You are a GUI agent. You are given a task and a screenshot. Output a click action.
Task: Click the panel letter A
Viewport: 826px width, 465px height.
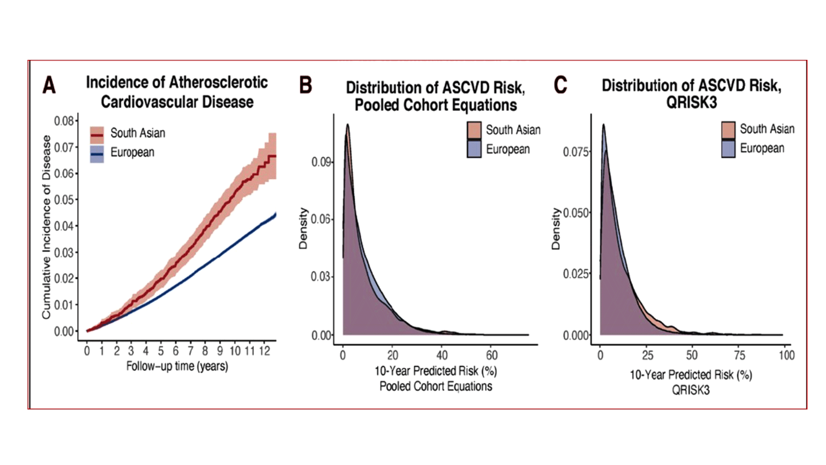[49, 85]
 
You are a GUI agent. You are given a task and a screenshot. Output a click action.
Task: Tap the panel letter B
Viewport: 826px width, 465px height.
[305, 85]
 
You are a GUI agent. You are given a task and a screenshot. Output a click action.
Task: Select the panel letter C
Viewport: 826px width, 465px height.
[560, 85]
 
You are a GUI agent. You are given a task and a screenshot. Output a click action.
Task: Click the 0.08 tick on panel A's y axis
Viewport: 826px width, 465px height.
[64, 121]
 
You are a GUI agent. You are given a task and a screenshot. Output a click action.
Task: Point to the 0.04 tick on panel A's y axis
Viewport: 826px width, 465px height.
[64, 226]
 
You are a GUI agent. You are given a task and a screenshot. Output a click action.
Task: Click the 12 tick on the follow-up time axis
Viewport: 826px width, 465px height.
[265, 351]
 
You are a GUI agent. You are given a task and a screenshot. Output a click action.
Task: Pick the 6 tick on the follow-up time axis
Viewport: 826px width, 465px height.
[176, 351]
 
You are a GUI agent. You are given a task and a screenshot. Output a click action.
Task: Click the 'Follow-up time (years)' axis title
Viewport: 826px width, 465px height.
[177, 366]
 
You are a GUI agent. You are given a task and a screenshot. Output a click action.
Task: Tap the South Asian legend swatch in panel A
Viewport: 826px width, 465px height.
[97, 135]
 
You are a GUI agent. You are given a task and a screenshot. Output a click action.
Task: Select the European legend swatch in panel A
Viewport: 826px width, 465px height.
[97, 154]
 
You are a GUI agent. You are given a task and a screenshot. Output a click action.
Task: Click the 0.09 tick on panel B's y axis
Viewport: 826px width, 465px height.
[321, 162]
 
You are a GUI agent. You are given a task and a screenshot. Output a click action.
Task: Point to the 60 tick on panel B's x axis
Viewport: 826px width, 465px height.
[492, 356]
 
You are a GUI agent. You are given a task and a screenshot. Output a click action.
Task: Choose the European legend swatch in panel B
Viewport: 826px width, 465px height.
[474, 149]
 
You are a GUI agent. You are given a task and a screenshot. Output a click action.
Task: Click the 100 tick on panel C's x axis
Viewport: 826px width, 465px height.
[786, 356]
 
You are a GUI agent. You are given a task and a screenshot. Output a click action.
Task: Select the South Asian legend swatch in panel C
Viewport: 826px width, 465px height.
[728, 130]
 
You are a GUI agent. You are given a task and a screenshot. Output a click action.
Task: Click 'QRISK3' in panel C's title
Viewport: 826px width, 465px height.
[691, 103]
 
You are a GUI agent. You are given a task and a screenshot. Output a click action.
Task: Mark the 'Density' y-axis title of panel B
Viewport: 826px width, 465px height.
[303, 228]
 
